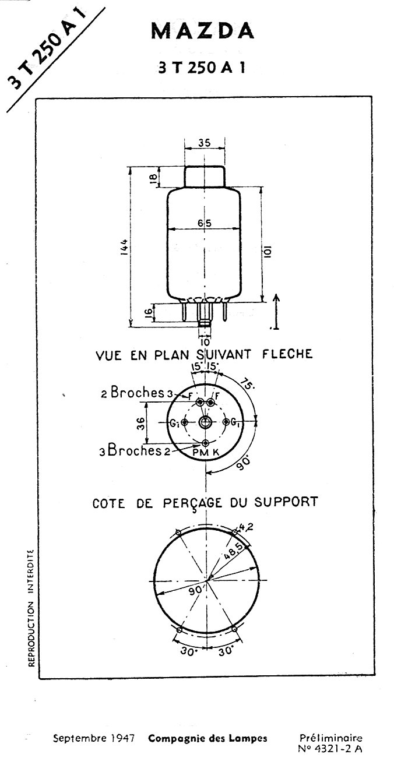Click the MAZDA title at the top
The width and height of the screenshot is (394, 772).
(x=203, y=31)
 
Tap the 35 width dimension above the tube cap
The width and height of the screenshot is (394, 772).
(x=205, y=143)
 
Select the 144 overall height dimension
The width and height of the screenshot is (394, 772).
(x=125, y=247)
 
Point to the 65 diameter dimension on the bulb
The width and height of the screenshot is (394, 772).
(x=205, y=223)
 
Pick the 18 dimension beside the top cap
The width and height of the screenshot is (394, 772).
(x=154, y=178)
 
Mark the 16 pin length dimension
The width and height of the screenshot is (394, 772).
(x=148, y=312)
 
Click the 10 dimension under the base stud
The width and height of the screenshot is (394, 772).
(x=205, y=343)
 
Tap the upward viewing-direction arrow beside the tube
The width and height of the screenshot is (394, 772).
(x=276, y=312)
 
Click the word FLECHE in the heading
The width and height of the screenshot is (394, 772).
(x=287, y=354)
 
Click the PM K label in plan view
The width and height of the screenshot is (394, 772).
(x=206, y=453)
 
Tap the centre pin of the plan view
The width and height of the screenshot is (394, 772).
(x=205, y=422)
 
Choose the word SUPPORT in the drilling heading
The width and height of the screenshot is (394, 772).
(x=286, y=502)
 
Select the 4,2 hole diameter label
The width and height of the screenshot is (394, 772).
(x=246, y=527)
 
